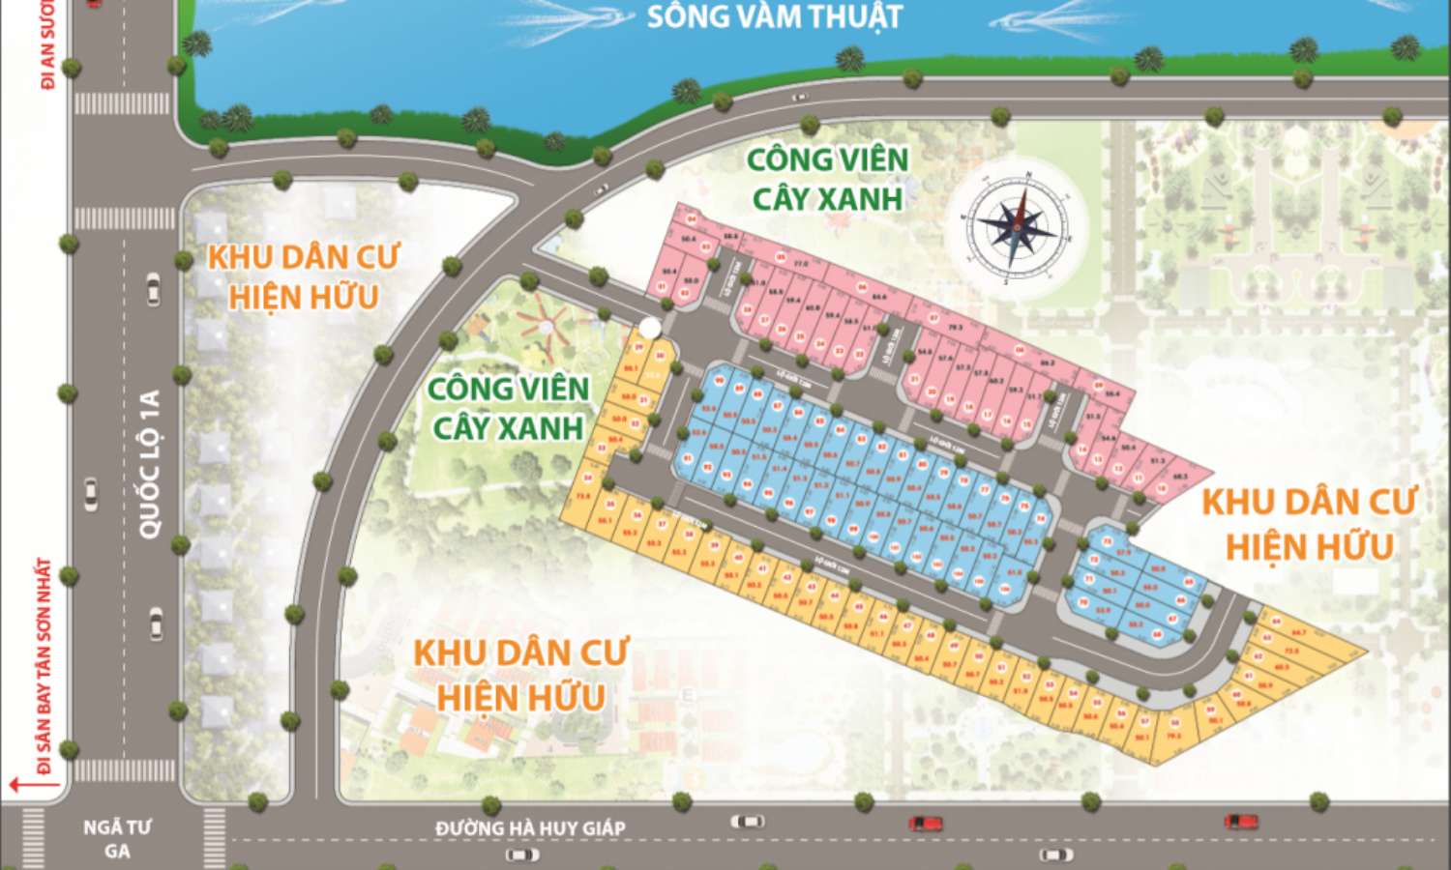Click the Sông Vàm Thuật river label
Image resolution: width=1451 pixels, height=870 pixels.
(774, 16)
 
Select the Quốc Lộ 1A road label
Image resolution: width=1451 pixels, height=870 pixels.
(149, 464)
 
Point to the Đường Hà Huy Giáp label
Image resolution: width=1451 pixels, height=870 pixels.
(530, 827)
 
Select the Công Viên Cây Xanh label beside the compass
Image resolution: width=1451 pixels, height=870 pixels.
(827, 178)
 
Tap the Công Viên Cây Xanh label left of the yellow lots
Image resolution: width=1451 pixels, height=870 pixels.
(508, 407)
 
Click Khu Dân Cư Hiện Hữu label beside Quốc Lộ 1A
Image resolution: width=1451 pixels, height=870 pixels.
(303, 276)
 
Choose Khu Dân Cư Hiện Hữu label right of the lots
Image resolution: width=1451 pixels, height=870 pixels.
(1309, 524)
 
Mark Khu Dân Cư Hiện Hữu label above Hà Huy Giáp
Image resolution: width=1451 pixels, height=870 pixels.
(520, 674)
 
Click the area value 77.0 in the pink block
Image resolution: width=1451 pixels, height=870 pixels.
(800, 263)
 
